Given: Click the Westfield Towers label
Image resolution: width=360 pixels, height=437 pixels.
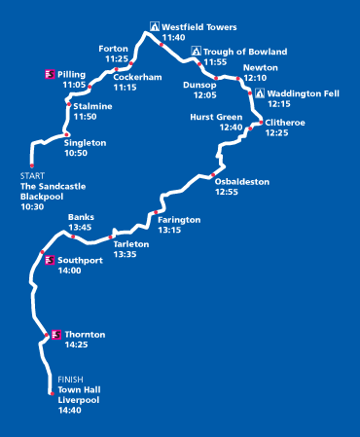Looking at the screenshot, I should coord(199,26).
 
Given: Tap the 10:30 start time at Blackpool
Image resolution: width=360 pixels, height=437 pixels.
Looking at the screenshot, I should coord(31,206).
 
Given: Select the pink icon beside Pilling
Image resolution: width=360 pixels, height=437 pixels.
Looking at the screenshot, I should coord(50,74).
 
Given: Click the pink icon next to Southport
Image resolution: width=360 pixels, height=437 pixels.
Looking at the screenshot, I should coord(50,260).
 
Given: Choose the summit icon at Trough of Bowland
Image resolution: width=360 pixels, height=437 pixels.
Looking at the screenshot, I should coord(196,51).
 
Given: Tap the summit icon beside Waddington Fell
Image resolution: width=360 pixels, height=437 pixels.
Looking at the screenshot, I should coord(259,92).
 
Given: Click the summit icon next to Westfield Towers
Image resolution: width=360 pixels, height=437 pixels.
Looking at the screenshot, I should coord(154,26).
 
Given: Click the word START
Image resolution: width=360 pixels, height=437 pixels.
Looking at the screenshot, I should coord(31,175).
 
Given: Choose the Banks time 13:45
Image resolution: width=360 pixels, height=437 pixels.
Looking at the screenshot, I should coord(80,228).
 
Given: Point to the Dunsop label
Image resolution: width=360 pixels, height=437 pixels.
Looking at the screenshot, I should coord(199,84).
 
